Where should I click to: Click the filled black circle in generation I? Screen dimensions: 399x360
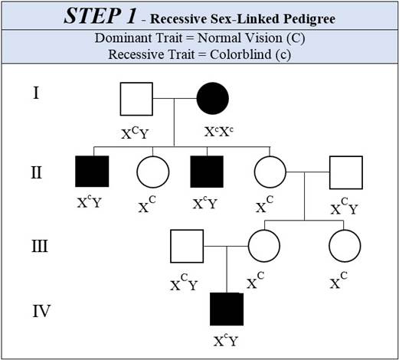213,98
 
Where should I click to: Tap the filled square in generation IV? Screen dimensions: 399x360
227,309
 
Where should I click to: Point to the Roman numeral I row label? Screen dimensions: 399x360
36,93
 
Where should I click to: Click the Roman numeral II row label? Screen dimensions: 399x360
36,172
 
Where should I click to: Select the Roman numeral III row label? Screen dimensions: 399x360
40,246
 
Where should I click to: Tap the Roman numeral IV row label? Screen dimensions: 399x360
41,311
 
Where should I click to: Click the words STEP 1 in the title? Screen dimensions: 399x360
100,16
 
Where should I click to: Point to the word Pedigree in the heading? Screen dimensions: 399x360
309,18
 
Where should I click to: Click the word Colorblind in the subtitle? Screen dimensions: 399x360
240,54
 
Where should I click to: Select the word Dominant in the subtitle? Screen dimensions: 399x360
124,38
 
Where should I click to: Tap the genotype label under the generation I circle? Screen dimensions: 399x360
219,132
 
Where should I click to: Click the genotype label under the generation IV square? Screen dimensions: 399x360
226,340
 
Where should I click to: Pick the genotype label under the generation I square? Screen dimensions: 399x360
135,133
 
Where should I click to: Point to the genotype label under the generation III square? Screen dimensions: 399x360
184,283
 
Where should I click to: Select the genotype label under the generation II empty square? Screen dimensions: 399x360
345,206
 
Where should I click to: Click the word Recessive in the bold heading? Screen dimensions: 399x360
178,18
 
